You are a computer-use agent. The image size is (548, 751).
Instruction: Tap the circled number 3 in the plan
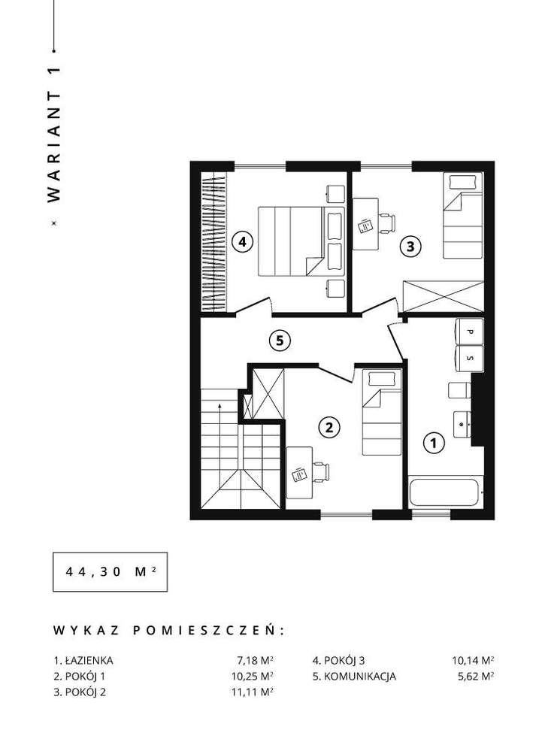tap(410, 245)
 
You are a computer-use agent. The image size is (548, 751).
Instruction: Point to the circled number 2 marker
tap(328, 428)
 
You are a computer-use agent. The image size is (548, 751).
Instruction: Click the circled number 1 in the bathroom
tap(432, 443)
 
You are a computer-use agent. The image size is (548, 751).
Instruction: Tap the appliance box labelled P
tap(470, 332)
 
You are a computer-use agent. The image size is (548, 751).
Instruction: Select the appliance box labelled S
tap(470, 358)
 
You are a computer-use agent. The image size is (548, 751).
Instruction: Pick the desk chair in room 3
tap(386, 223)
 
